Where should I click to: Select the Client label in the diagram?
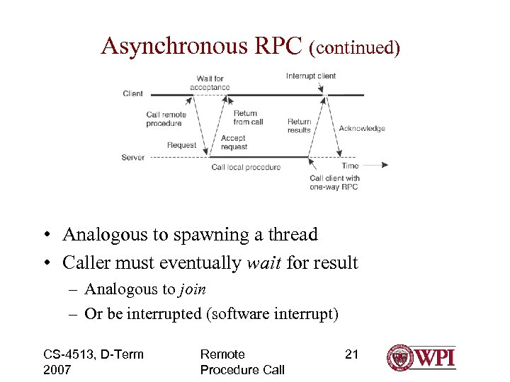(132, 93)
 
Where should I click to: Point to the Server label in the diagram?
(133, 157)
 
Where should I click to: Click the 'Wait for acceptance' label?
(210, 83)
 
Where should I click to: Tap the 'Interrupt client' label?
(311, 76)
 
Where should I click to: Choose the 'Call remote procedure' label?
(166, 119)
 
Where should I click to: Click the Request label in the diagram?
(181, 145)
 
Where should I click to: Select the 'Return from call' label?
(248, 117)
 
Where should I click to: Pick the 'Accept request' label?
(234, 142)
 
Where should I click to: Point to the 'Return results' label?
(299, 126)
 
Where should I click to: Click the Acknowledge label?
(362, 128)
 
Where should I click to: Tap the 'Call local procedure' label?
(246, 168)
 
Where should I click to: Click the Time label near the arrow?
(350, 166)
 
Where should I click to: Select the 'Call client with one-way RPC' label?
(334, 183)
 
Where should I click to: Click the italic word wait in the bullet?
(263, 263)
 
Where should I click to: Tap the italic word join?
(192, 289)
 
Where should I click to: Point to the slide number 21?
(351, 354)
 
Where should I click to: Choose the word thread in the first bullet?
(292, 234)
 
